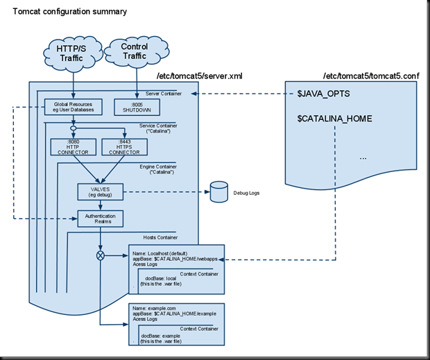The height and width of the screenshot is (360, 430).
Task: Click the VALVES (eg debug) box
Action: click(101, 190)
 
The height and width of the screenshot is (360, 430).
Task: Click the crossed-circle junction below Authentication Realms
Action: click(102, 255)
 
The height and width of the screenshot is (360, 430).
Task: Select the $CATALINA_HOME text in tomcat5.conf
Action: click(335, 119)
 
